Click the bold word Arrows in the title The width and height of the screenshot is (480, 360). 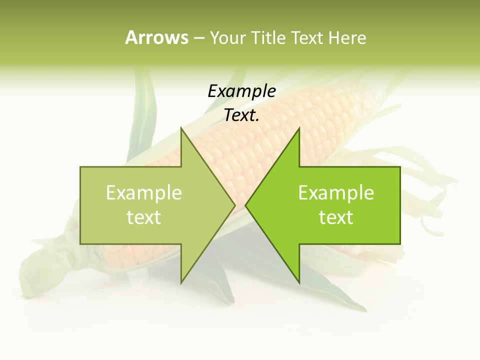(156, 37)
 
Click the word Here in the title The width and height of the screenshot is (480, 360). (347, 37)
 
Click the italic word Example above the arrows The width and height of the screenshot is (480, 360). (241, 91)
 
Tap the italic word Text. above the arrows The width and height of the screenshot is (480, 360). (241, 115)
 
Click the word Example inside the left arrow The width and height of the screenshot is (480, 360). (144, 193)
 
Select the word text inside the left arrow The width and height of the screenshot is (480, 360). (144, 217)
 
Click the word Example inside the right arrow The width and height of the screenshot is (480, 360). (336, 193)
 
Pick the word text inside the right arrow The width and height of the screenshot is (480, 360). (336, 217)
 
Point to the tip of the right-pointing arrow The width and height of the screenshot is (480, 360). (235, 205)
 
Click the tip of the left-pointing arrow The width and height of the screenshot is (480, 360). (245, 205)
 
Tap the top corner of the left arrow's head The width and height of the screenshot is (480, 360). (181, 128)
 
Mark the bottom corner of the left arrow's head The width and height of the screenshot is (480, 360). (181, 282)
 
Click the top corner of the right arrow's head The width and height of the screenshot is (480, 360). (299, 128)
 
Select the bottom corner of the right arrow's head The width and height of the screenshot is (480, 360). (299, 282)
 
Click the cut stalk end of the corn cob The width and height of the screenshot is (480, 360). (32, 272)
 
